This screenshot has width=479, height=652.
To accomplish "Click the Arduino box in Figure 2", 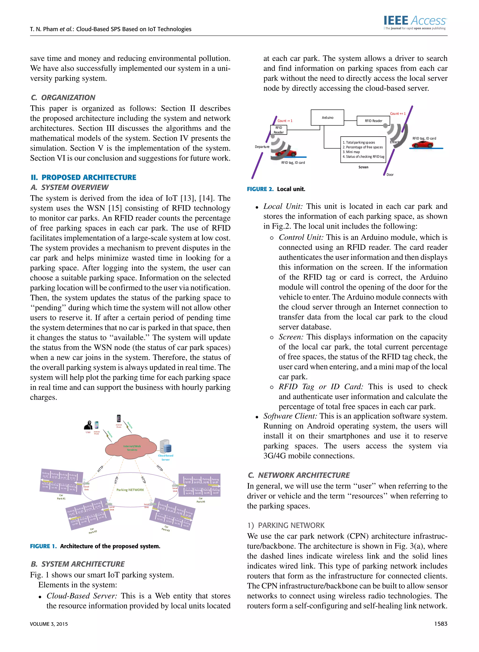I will click(x=327, y=118).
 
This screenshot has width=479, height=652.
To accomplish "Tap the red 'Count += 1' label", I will click(x=398, y=114).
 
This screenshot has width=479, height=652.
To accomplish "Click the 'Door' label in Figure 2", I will click(x=390, y=174).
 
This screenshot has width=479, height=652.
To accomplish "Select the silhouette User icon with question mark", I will click(x=88, y=425).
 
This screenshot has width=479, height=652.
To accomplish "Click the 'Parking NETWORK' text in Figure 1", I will click(x=130, y=490).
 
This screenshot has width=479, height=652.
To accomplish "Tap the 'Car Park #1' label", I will click(x=61, y=497).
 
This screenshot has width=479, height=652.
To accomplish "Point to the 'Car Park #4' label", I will click(x=201, y=500).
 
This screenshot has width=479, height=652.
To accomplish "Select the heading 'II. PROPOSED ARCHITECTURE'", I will click(x=83, y=177).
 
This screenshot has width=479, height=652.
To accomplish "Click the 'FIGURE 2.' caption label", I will click(x=260, y=189).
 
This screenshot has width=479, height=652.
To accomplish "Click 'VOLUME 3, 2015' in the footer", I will click(x=49, y=624).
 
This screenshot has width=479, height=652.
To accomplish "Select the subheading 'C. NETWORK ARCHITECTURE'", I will click(x=299, y=475).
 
